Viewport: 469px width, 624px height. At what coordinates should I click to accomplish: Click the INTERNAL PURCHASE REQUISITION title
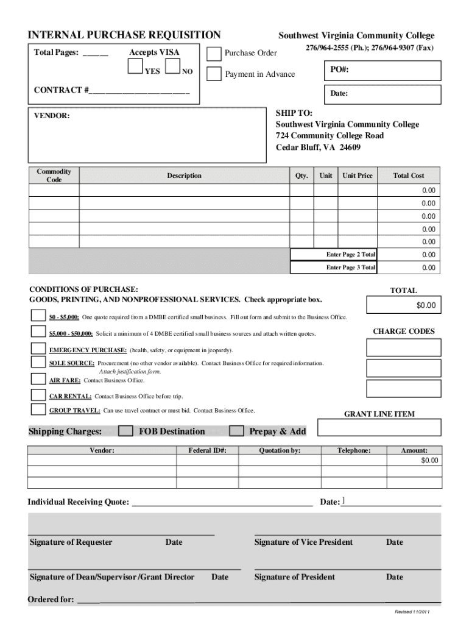[x=124, y=35]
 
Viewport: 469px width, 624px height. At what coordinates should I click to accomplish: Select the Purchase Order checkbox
[x=214, y=54]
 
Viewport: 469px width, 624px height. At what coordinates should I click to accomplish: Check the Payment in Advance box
[x=214, y=74]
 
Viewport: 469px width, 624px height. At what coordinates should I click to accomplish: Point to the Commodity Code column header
[x=54, y=175]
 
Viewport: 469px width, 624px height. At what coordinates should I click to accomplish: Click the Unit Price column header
[x=357, y=175]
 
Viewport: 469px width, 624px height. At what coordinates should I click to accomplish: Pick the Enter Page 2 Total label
[x=351, y=254]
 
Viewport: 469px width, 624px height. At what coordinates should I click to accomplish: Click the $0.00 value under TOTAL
[x=403, y=305]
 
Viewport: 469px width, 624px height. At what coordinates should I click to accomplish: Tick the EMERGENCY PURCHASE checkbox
[x=38, y=350]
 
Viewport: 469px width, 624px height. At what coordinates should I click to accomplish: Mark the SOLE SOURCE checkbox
[x=38, y=363]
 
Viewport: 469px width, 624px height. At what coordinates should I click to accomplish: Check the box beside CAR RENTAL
[x=38, y=395]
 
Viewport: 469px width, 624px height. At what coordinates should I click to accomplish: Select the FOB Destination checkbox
[x=125, y=431]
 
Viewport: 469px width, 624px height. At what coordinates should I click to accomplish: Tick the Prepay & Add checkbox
[x=236, y=431]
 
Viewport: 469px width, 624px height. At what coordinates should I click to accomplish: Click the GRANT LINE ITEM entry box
[x=379, y=428]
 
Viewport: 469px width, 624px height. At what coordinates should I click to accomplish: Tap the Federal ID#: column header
[x=208, y=450]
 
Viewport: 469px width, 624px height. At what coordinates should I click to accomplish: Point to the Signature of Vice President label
[x=303, y=542]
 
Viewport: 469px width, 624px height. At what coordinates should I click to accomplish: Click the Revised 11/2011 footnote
[x=412, y=611]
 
